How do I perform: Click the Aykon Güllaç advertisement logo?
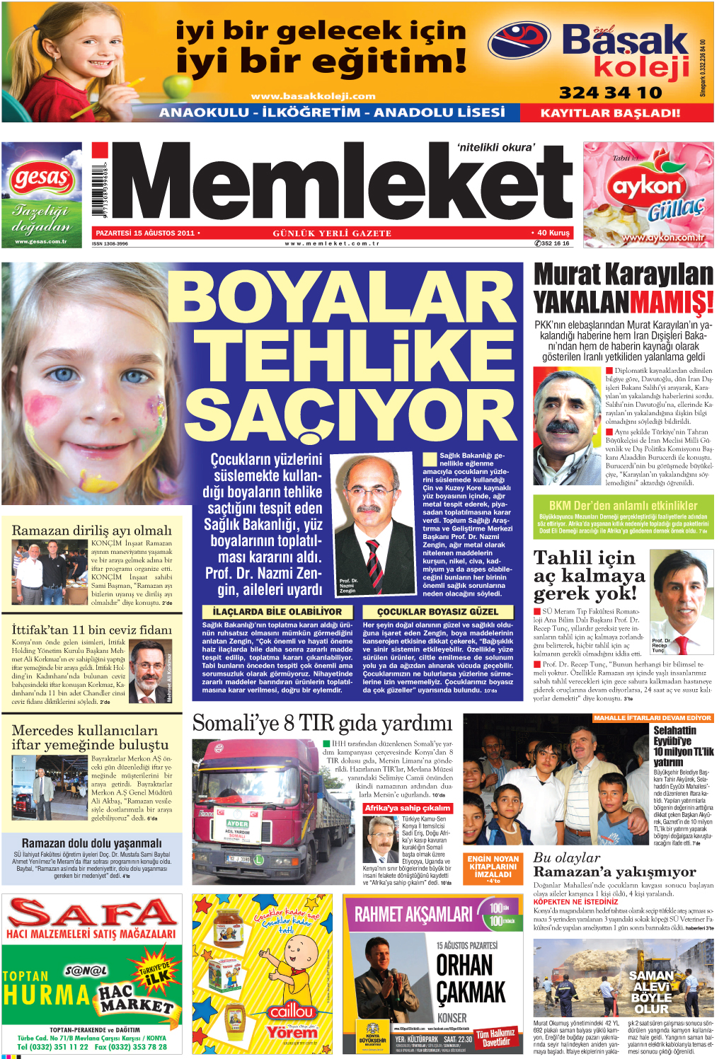(647, 187)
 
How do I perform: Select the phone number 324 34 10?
(610, 93)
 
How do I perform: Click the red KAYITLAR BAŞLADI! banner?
(610, 112)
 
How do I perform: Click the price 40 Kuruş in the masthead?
(551, 233)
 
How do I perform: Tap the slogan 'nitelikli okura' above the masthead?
(495, 148)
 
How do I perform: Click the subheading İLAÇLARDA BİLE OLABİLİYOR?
(277, 611)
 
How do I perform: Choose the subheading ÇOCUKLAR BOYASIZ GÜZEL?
(437, 611)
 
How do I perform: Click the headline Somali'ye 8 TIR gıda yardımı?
(322, 724)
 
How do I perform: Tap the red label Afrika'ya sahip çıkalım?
(407, 808)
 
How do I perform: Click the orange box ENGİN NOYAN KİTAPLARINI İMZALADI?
(493, 867)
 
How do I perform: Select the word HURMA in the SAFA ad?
(46, 995)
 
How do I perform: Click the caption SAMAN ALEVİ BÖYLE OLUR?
(651, 992)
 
